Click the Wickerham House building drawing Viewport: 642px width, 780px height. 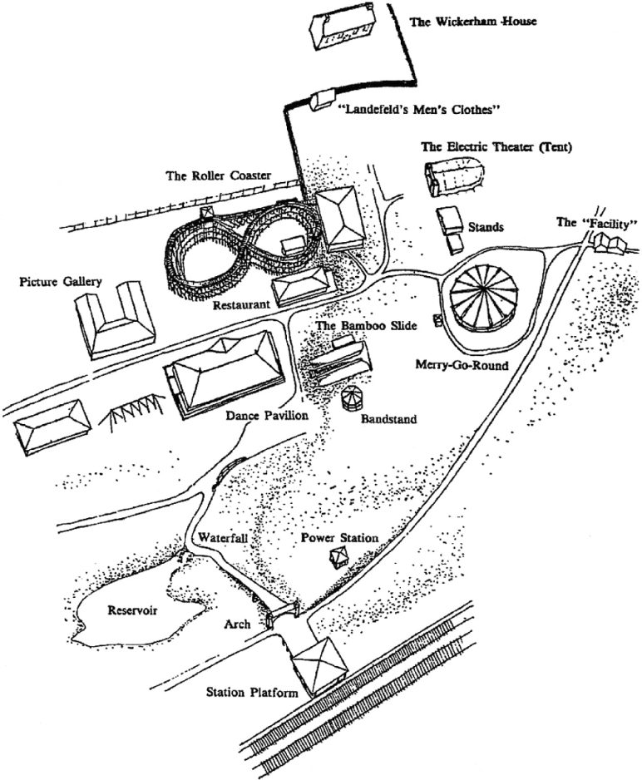tap(338, 30)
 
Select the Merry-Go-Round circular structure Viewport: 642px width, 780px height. tap(482, 296)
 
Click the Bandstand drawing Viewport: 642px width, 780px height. tap(353, 398)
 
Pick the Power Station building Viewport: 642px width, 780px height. tap(338, 556)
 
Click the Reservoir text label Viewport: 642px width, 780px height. tap(133, 609)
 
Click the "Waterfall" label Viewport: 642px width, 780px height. tap(223, 538)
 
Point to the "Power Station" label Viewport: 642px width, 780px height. tap(339, 538)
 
